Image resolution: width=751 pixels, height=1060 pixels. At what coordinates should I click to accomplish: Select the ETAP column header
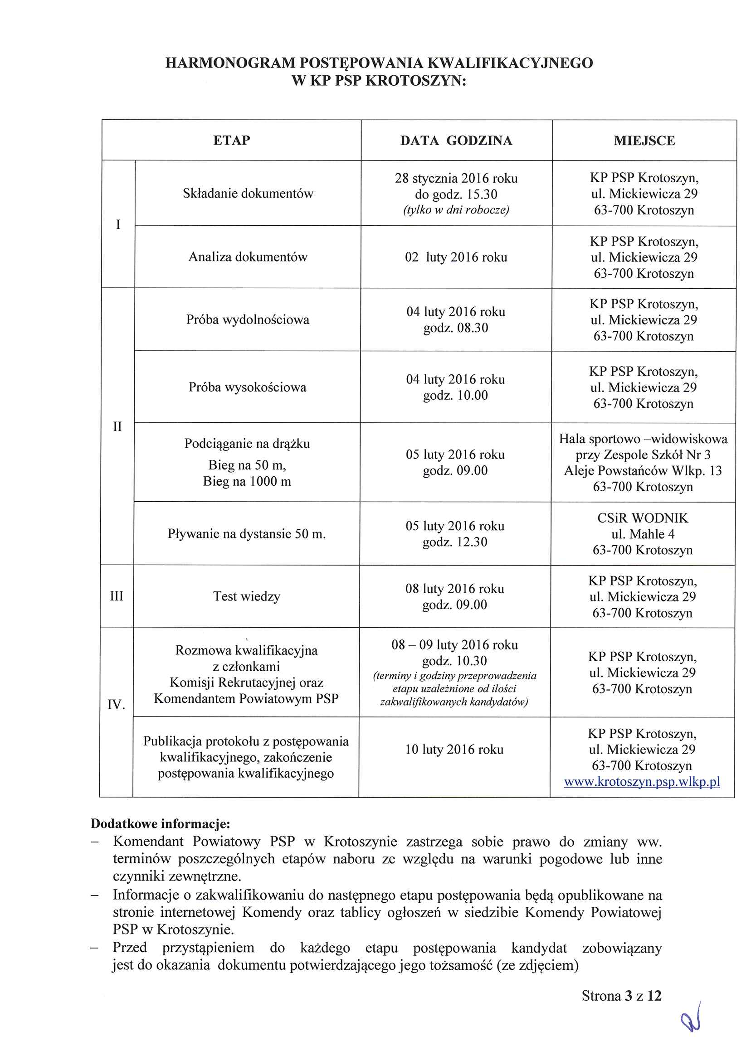click(231, 140)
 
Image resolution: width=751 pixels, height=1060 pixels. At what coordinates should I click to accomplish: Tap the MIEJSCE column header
click(644, 141)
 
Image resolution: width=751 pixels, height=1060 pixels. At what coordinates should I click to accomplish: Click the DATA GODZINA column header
click(456, 141)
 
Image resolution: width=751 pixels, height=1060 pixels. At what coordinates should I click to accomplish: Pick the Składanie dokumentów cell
click(248, 194)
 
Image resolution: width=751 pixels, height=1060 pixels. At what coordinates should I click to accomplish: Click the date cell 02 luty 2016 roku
click(456, 257)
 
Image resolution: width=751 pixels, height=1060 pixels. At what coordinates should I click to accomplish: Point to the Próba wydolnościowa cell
click(248, 320)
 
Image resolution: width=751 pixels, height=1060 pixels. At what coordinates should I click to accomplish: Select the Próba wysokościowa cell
click(248, 387)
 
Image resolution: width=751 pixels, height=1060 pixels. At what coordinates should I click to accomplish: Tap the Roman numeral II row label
click(117, 426)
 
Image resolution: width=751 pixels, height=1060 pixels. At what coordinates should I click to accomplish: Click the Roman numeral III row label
click(117, 596)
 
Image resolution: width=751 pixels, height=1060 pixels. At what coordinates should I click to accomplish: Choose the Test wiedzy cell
click(247, 596)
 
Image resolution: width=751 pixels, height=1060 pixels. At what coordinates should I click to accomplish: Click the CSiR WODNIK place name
click(642, 518)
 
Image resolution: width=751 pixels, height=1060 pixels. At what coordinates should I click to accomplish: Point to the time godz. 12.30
click(455, 542)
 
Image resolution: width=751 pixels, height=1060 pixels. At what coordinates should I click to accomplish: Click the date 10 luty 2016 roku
click(454, 750)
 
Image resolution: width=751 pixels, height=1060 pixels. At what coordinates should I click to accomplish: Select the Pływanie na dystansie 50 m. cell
click(247, 534)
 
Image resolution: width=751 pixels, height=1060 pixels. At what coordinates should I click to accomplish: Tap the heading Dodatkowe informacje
click(160, 824)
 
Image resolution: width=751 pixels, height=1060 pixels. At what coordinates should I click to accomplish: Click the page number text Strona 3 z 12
click(621, 996)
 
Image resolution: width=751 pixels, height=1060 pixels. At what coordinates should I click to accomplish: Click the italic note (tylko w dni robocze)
click(456, 210)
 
